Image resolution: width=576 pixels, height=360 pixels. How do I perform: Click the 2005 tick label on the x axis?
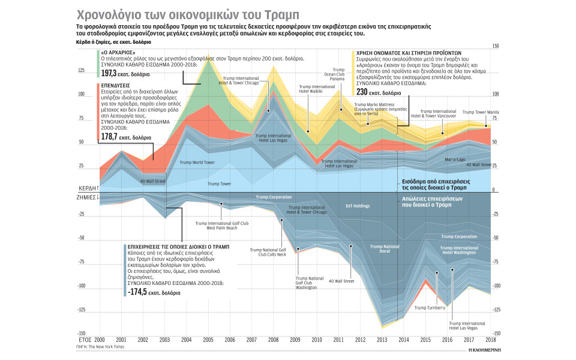tap(207, 340)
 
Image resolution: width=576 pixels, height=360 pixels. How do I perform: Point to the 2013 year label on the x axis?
tap(382, 340)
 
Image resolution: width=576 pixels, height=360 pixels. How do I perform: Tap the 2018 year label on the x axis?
tap(491, 340)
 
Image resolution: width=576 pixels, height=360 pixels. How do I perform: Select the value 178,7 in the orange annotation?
tap(109, 137)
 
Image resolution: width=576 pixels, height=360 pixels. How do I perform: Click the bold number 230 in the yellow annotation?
tap(363, 92)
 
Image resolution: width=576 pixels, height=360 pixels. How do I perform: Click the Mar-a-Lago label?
tap(455, 160)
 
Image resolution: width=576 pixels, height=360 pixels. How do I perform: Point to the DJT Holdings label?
tap(358, 206)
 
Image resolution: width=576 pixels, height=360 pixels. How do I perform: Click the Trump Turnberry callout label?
tap(430, 308)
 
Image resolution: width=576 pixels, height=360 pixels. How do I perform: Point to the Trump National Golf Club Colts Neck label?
tap(272, 251)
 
